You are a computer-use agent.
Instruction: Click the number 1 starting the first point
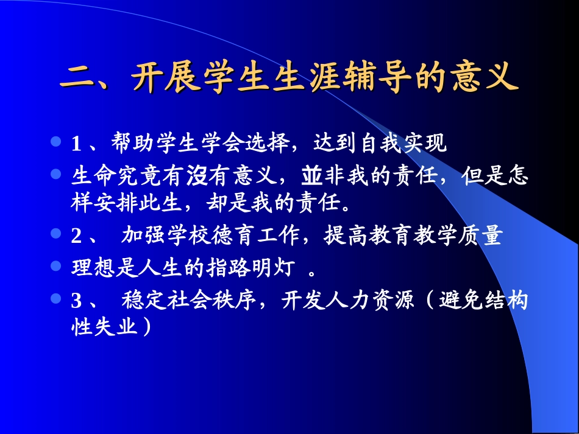tap(76, 145)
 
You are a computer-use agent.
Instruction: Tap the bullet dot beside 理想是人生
tap(56, 266)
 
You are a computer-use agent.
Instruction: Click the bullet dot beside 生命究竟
tap(56, 174)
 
